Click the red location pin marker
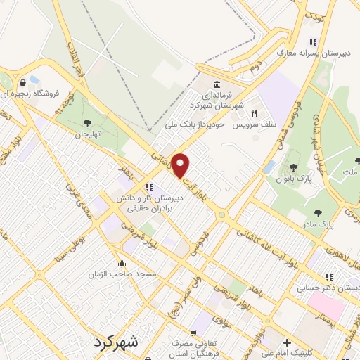point(181,165)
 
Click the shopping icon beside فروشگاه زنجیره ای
point(24,82)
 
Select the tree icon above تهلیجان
point(88,122)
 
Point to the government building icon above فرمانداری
point(214,84)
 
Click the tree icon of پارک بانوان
point(293,167)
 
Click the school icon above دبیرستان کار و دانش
point(148,187)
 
